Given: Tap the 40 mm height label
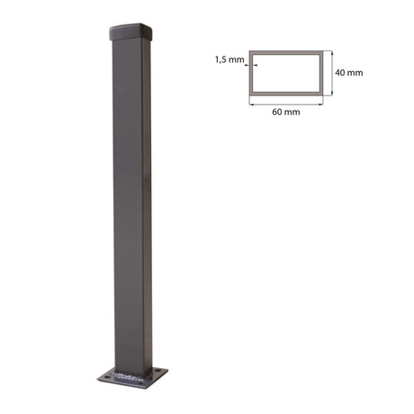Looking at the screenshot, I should [349, 73].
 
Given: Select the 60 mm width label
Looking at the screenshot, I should [285, 112].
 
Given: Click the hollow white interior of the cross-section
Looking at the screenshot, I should [286, 73].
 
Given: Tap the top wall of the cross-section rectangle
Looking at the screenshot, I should [286, 52].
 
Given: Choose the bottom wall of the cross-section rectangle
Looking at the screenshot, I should [286, 93].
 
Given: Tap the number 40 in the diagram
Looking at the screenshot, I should [341, 73].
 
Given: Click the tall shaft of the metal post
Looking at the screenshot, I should [131, 198].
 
